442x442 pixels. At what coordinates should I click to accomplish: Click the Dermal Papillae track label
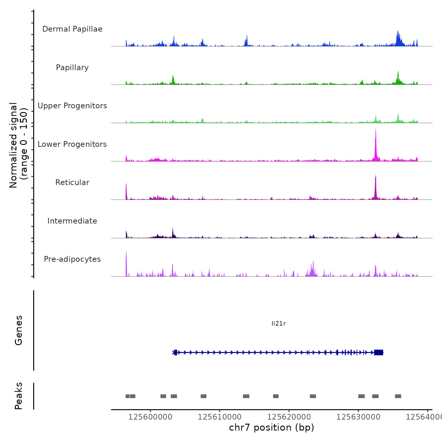point(72,29)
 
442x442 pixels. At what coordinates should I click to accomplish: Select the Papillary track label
point(72,68)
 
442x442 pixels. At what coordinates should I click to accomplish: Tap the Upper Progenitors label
point(72,106)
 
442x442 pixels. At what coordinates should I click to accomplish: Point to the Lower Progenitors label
point(72,144)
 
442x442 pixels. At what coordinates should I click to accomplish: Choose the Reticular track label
point(72,182)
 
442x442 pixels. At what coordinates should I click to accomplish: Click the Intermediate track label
point(72,221)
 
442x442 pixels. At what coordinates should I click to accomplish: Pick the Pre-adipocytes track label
point(72,259)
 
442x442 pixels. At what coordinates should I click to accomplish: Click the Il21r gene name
point(278,324)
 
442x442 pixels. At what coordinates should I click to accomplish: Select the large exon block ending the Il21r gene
point(379,352)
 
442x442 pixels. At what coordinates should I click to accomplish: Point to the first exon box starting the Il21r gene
point(176,352)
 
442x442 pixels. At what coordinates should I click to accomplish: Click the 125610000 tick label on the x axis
point(220,417)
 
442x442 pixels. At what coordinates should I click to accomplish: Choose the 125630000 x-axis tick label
point(358,417)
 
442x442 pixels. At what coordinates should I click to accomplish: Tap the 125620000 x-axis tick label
point(289,417)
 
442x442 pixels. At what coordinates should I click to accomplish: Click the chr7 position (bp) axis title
point(272,427)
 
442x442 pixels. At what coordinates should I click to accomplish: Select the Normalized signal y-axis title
point(18,145)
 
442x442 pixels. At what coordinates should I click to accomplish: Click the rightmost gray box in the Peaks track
point(398,396)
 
